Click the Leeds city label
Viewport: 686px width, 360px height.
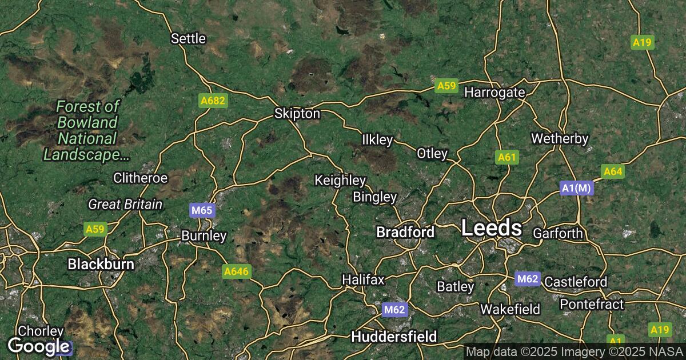(x=491, y=229)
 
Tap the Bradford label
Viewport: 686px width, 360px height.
(x=405, y=232)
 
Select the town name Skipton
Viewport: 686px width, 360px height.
(x=297, y=114)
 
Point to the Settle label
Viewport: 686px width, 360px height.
(x=188, y=39)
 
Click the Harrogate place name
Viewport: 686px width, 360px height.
(x=494, y=92)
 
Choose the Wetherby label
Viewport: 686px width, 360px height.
(x=560, y=138)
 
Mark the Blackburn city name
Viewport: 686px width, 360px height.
(x=101, y=264)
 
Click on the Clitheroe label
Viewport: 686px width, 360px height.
(x=140, y=178)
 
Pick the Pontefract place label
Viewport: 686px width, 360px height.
(x=592, y=304)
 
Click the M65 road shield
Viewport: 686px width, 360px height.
(x=202, y=210)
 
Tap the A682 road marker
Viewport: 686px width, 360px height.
(x=214, y=101)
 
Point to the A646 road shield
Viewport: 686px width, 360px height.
(x=236, y=271)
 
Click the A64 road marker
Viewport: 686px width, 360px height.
(x=612, y=171)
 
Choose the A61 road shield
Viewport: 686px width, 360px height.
(x=507, y=157)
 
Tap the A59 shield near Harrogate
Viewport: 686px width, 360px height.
(x=446, y=86)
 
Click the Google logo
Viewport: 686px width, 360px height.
(x=38, y=346)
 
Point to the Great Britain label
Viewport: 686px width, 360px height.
(x=125, y=204)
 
